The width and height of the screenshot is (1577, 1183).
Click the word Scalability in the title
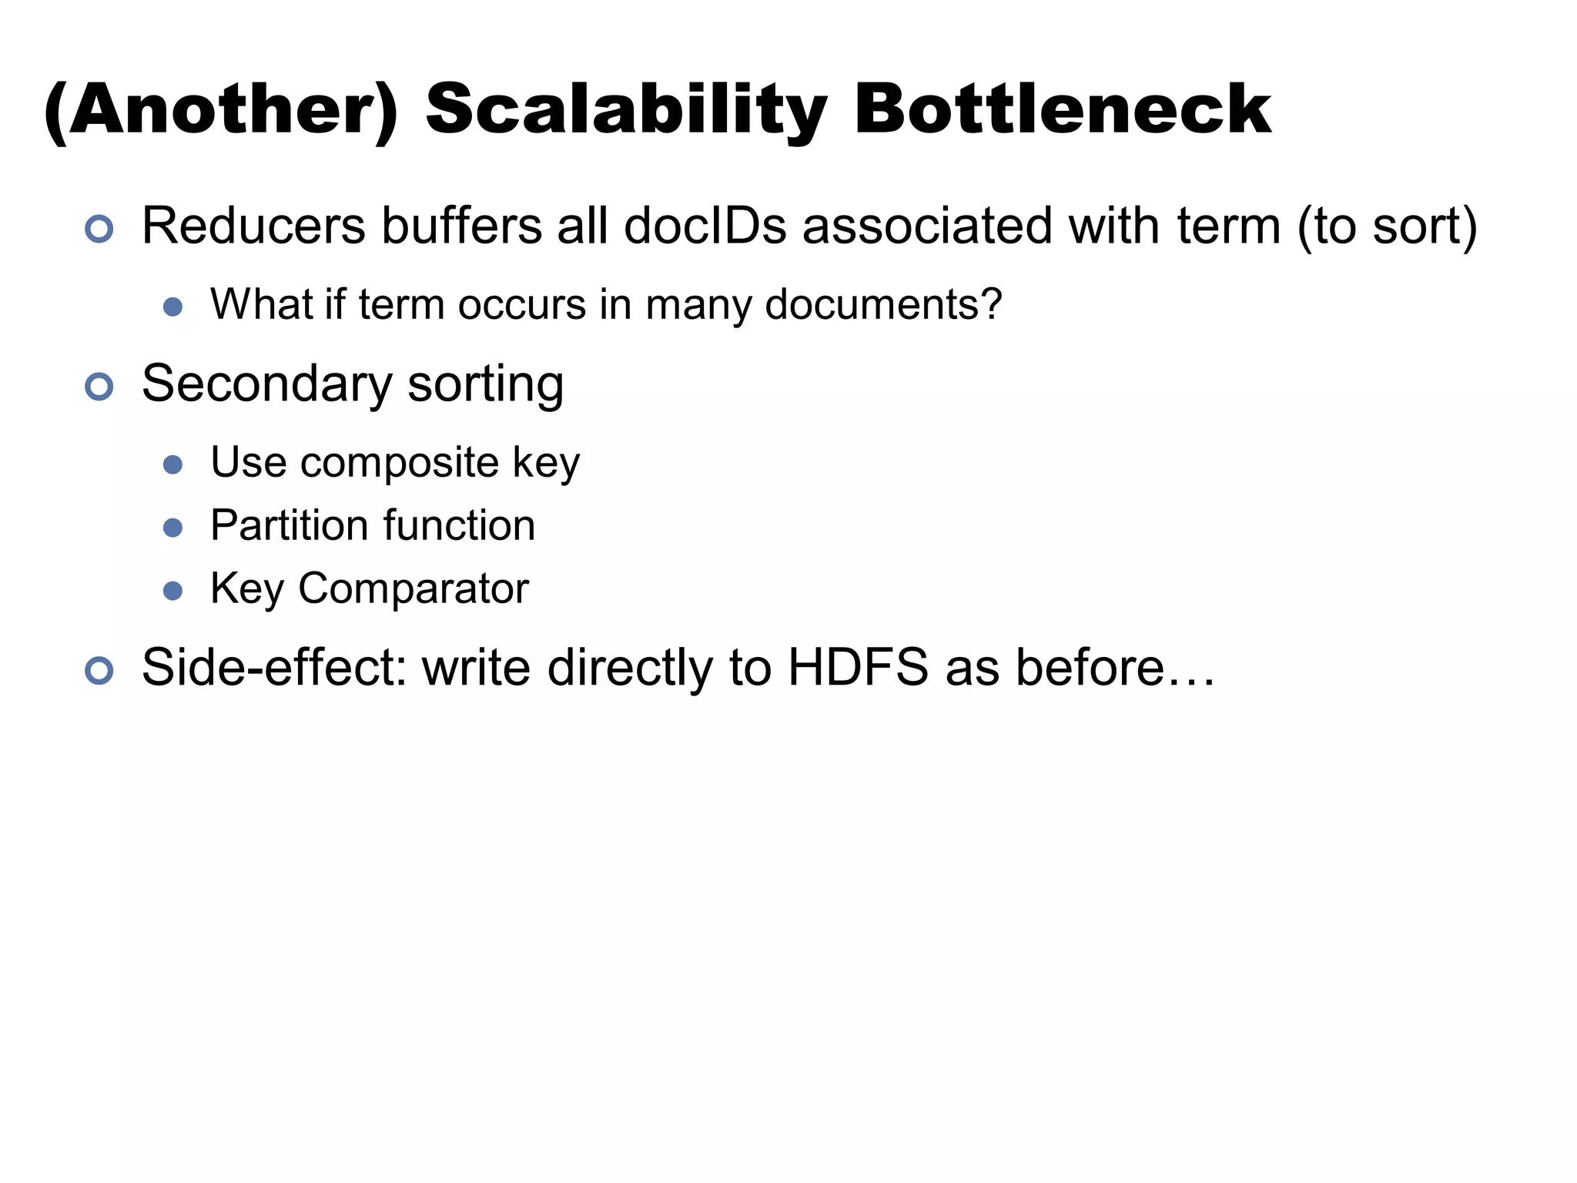point(626,109)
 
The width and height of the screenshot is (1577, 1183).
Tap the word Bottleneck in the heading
point(1062,109)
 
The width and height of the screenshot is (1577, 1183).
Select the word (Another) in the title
point(221,109)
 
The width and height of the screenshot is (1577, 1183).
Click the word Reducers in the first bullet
point(254,226)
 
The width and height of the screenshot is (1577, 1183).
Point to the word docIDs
point(705,226)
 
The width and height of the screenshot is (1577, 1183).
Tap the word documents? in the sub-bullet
point(883,304)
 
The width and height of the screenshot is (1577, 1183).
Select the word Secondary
point(267,384)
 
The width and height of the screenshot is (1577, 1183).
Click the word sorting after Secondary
point(485,384)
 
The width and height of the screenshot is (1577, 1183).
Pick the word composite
point(400,462)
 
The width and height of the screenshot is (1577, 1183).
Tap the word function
point(459,525)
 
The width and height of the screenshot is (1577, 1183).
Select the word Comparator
point(414,588)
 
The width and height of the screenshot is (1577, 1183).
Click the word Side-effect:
point(274,667)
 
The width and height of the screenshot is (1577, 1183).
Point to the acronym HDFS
point(858,667)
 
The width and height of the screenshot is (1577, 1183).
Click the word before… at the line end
point(1115,667)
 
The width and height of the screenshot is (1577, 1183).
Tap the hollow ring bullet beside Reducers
point(99,230)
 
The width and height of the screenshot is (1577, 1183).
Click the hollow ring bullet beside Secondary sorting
point(99,387)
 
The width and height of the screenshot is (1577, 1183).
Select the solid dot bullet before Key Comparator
point(173,591)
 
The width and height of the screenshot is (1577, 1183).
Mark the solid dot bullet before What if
point(173,307)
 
